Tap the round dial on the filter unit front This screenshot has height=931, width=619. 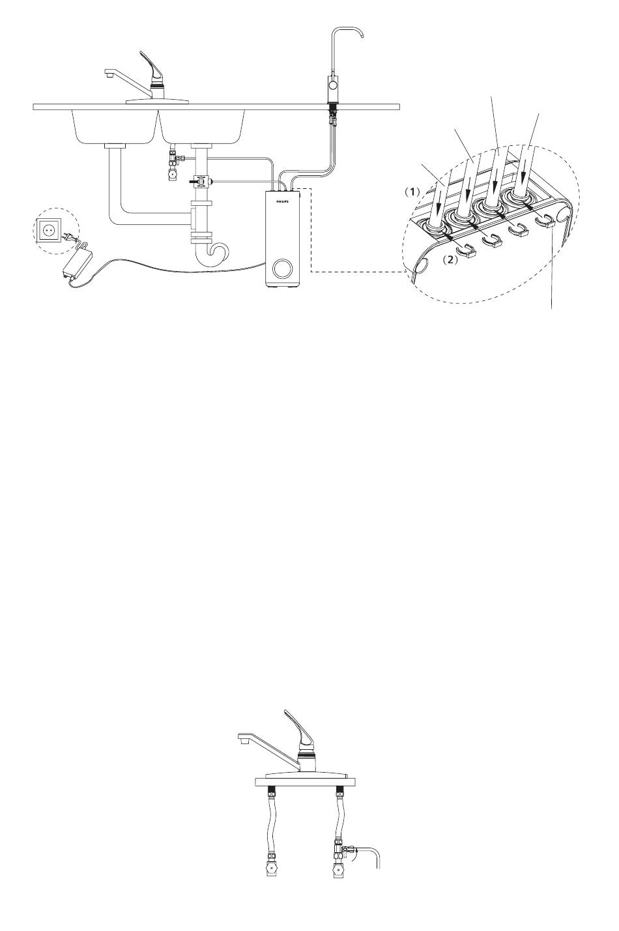(281, 268)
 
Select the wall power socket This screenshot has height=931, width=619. (48, 230)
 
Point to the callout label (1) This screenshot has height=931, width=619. (412, 192)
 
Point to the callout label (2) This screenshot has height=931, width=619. (449, 261)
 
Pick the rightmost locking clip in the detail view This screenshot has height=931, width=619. (546, 222)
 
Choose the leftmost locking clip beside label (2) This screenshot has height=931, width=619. (466, 250)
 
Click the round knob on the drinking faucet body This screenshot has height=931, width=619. (332, 85)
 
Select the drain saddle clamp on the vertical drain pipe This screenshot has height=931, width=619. (201, 181)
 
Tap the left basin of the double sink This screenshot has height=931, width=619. (115, 127)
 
